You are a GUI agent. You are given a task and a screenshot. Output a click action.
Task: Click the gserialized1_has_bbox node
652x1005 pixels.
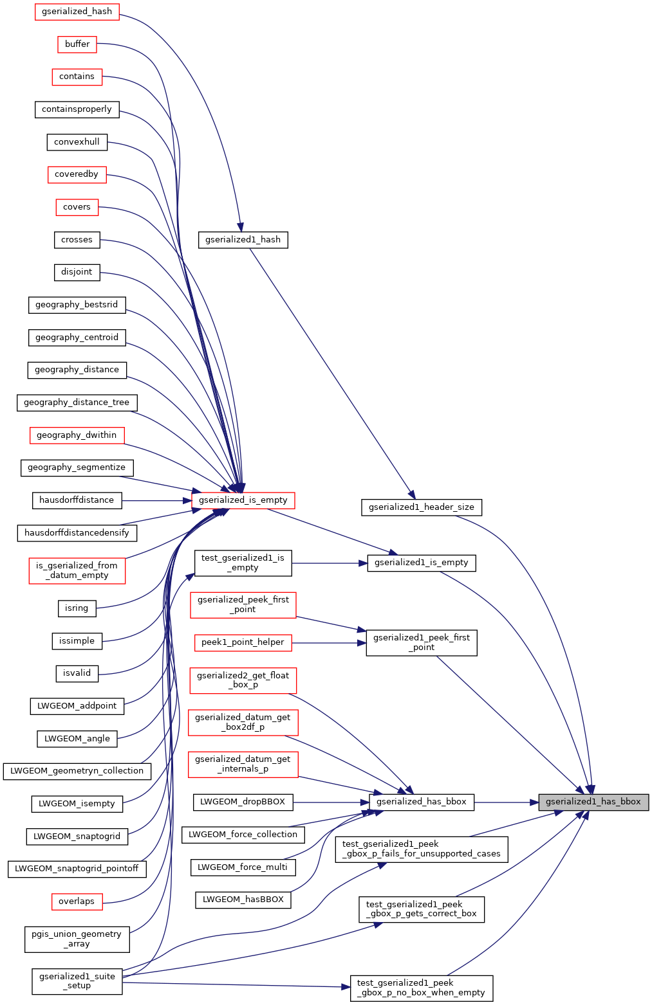pyautogui.click(x=593, y=802)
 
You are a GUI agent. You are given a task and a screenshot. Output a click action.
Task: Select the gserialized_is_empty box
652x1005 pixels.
pyautogui.click(x=243, y=500)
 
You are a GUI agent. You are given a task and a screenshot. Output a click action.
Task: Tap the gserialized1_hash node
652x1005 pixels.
pyautogui.click(x=243, y=240)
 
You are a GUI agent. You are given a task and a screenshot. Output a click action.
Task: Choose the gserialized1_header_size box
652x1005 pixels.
pyautogui.click(x=422, y=507)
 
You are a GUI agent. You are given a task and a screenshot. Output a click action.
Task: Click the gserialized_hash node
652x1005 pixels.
pyautogui.click(x=77, y=12)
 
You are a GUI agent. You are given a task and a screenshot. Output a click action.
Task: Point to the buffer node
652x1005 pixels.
pyautogui.click(x=77, y=44)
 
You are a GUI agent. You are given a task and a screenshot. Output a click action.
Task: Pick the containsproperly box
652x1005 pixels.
pyautogui.click(x=77, y=109)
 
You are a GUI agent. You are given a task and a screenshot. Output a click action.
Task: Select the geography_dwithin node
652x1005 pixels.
pyautogui.click(x=77, y=435)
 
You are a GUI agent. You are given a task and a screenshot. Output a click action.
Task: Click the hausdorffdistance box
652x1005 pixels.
pyautogui.click(x=77, y=500)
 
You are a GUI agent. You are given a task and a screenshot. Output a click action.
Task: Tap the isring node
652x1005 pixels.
pyautogui.click(x=77, y=608)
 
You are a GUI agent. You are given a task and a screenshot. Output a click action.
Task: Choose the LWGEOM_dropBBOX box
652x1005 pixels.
pyautogui.click(x=243, y=802)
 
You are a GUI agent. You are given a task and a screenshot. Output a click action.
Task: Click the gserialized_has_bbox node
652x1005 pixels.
pyautogui.click(x=422, y=802)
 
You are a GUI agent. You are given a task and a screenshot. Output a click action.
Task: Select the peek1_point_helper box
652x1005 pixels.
pyautogui.click(x=243, y=642)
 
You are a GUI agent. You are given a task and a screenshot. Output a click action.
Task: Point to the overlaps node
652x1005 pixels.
pyautogui.click(x=77, y=901)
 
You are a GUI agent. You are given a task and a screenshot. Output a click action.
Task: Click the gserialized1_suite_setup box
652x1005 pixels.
pyautogui.click(x=77, y=981)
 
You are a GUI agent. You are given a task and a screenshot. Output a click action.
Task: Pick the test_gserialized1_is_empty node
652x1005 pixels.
pyautogui.click(x=243, y=563)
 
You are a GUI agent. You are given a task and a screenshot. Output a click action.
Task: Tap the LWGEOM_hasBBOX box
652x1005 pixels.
pyautogui.click(x=243, y=900)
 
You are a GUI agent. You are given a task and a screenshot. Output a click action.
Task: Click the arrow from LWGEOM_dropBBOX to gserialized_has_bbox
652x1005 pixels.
pyautogui.click(x=331, y=802)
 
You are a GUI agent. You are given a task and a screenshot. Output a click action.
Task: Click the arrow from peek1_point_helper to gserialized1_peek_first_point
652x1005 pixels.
pyautogui.click(x=329, y=642)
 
